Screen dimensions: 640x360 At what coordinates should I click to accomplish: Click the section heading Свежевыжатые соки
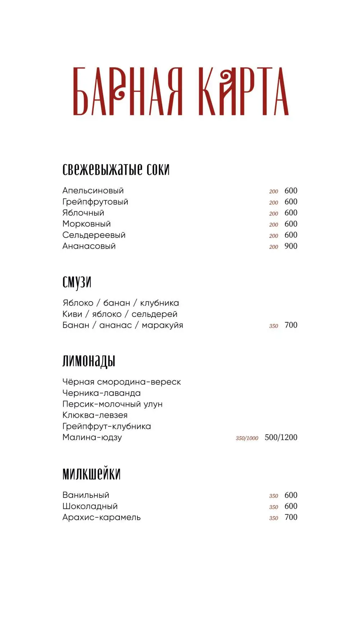(116, 169)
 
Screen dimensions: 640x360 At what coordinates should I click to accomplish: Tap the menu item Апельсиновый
(93, 191)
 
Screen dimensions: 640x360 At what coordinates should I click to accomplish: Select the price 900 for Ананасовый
(291, 246)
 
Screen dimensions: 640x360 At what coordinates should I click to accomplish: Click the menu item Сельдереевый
(94, 235)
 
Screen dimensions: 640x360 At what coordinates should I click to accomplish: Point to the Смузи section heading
(77, 282)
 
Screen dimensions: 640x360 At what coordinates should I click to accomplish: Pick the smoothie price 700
(291, 325)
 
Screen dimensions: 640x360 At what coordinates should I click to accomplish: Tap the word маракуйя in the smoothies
(162, 325)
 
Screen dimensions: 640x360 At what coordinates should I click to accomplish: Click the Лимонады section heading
(89, 361)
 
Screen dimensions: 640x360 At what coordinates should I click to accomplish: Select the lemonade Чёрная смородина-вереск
(121, 382)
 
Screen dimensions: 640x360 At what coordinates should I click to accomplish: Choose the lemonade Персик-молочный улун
(112, 404)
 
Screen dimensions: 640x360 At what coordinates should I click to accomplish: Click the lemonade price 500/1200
(281, 438)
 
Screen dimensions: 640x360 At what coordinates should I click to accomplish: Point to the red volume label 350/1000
(247, 438)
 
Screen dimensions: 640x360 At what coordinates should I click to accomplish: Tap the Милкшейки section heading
(91, 474)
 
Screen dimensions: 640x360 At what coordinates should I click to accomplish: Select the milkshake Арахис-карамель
(101, 518)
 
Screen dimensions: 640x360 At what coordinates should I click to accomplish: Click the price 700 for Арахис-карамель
(291, 517)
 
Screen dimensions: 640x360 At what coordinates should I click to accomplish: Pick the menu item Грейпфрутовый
(95, 202)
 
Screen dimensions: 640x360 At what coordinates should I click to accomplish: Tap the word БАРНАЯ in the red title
(128, 92)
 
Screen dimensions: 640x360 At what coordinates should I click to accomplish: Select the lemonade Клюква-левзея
(95, 415)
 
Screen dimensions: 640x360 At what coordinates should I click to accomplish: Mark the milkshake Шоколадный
(90, 506)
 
